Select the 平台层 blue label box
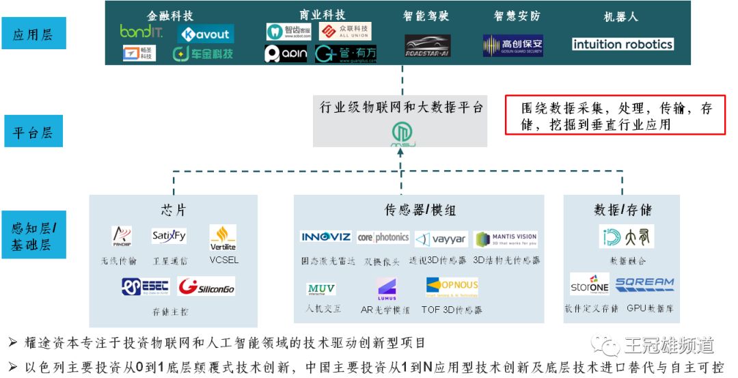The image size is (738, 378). click(x=33, y=131)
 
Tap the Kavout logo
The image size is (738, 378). click(x=206, y=33)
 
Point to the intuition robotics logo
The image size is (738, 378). click(x=622, y=44)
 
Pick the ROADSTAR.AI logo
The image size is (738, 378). click(x=427, y=45)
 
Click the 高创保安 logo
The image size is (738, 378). click(x=512, y=46)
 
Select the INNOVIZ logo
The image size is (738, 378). click(x=326, y=237)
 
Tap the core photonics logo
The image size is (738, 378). click(x=383, y=237)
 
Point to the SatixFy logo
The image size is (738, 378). click(x=169, y=237)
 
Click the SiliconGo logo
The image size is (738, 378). click(x=206, y=287)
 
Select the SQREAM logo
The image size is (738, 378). click(x=644, y=283)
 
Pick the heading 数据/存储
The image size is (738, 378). click(x=623, y=210)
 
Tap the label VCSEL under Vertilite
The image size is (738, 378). click(x=223, y=260)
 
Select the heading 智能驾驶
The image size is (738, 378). click(x=426, y=16)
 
